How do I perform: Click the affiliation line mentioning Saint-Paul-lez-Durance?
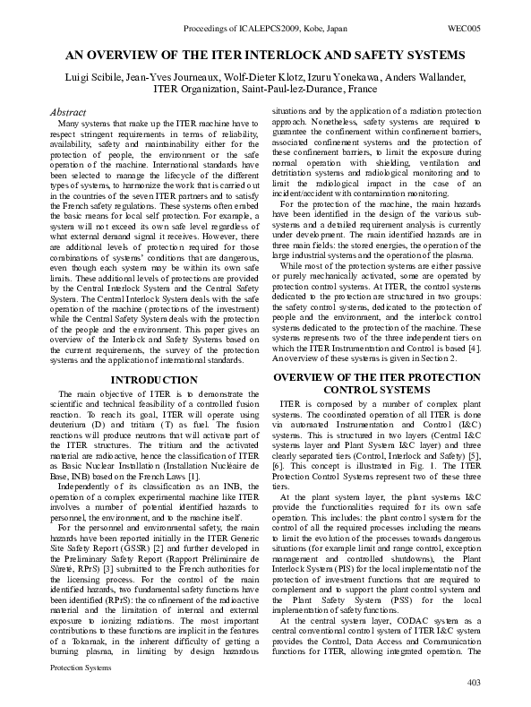click(x=264, y=89)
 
